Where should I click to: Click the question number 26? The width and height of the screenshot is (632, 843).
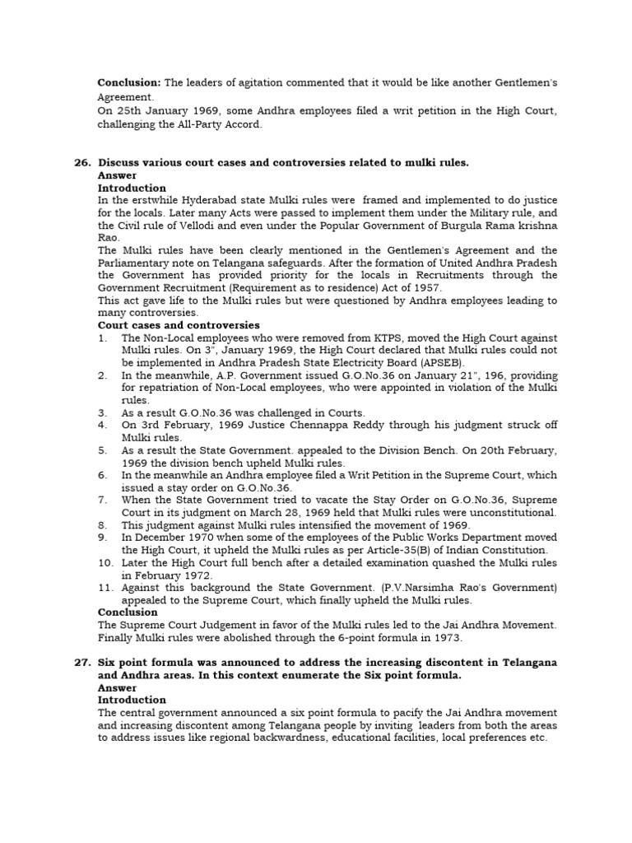(82, 163)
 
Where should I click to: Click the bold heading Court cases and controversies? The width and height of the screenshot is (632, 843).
(179, 326)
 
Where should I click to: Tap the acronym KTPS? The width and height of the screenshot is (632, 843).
(355, 338)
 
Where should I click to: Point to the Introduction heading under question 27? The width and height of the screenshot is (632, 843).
(132, 701)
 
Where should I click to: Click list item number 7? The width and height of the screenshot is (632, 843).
(103, 501)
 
